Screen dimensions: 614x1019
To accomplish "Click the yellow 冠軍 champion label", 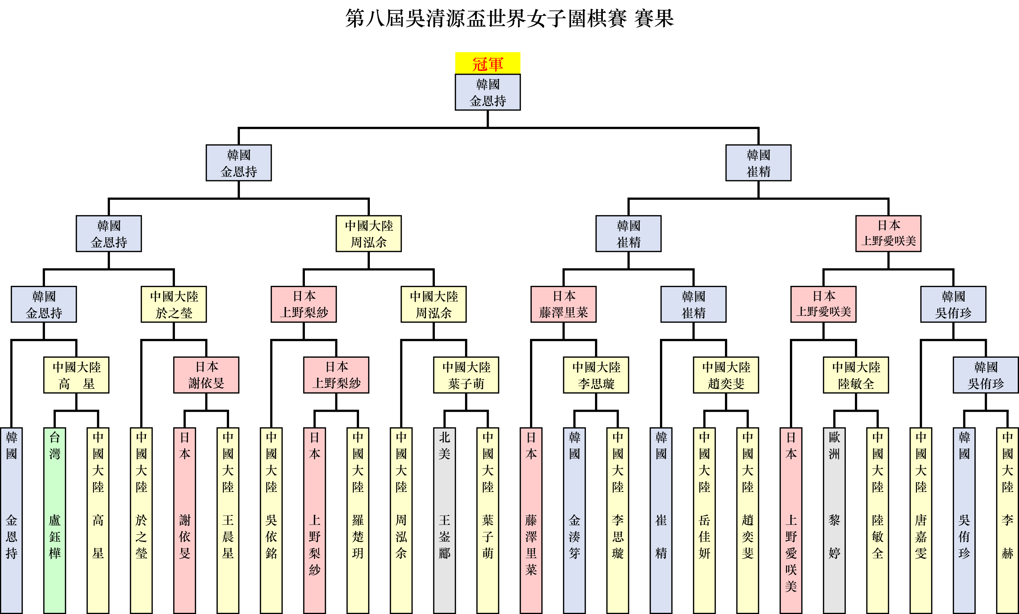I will tap(488, 63).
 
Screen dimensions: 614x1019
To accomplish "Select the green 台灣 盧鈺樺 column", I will tap(54, 520).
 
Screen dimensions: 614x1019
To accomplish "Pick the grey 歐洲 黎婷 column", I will tap(834, 520).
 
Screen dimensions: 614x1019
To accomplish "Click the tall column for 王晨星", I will tap(228, 520).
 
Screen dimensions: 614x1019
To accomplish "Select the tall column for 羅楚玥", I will tap(358, 520).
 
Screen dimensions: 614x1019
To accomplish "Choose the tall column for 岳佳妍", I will tap(704, 520).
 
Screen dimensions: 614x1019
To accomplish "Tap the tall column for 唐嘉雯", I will tap(921, 520).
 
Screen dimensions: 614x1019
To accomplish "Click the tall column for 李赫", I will tap(1008, 520).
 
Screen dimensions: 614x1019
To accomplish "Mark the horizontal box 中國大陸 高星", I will tap(76, 375).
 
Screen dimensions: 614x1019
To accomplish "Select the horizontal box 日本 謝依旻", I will tap(206, 375).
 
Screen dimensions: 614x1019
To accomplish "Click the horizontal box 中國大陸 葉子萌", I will tap(466, 375).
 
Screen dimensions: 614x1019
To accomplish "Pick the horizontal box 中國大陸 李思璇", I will tap(596, 375).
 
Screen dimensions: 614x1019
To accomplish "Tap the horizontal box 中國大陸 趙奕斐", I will tap(726, 375).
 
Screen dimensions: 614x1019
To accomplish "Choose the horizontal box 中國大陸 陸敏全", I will tap(856, 375).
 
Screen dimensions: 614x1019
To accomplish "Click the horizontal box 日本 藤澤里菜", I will tap(563, 304).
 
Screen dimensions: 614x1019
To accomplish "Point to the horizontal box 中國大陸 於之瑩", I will tap(174, 304).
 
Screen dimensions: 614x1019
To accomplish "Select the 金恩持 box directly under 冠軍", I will tap(488, 92).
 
